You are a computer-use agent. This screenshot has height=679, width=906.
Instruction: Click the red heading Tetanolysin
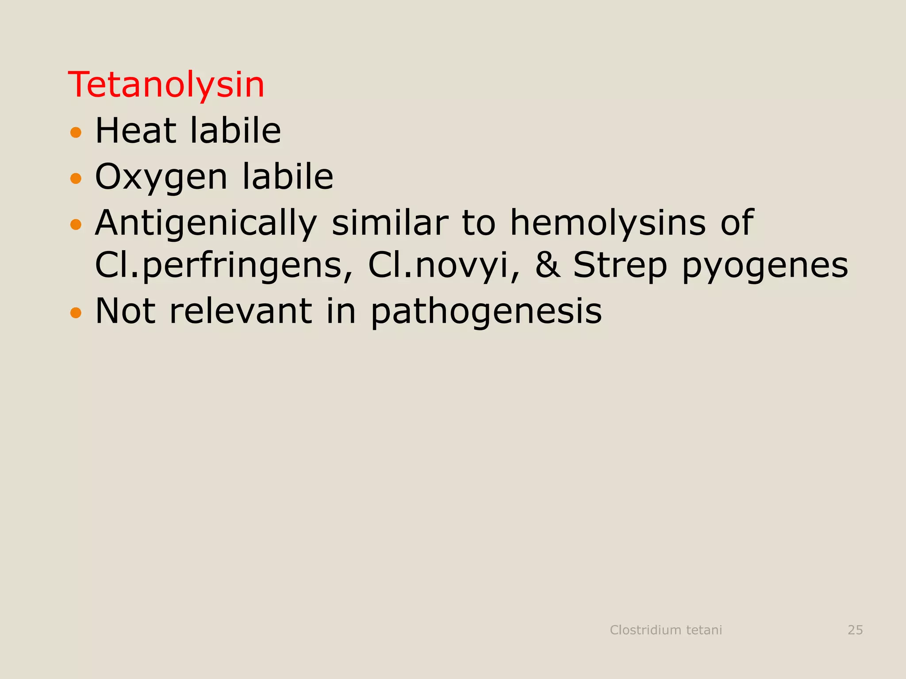click(166, 85)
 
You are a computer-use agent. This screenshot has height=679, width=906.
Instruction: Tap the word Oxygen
click(161, 178)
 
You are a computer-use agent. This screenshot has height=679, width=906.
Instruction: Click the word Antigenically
click(206, 224)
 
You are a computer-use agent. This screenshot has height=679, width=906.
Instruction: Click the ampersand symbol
click(548, 265)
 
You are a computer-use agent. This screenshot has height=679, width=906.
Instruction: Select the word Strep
click(620, 266)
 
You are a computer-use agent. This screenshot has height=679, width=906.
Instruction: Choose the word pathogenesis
click(486, 312)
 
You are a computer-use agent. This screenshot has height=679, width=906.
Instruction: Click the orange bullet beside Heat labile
click(76, 132)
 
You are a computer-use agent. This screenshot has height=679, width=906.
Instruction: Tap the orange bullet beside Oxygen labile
click(76, 179)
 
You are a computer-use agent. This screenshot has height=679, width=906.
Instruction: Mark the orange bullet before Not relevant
click(76, 313)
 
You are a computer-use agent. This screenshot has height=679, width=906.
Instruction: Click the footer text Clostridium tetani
click(666, 630)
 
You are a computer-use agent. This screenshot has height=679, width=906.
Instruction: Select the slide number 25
click(855, 630)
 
